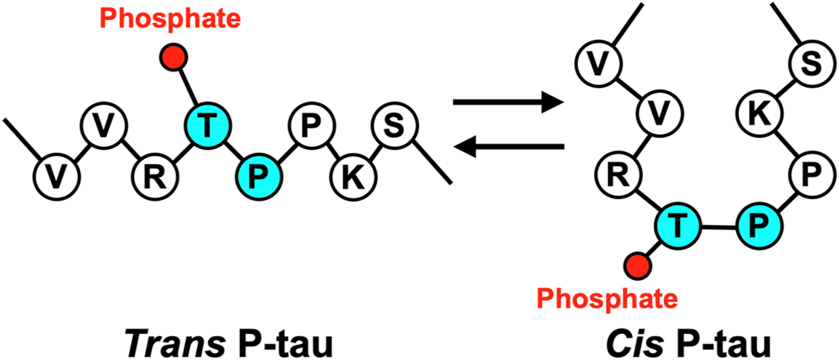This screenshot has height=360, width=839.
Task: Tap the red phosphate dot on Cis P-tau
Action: (637, 265)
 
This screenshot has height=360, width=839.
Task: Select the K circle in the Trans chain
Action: (350, 175)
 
